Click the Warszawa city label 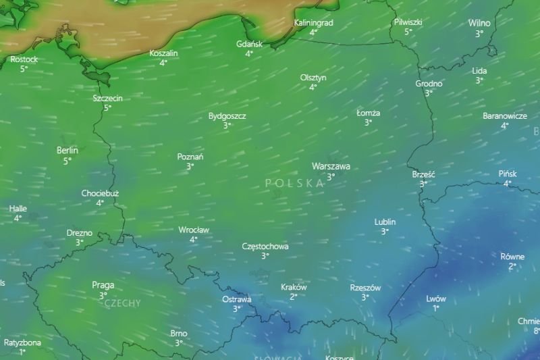(331, 166)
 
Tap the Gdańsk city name (249, 44)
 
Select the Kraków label (294, 287)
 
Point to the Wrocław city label (194, 230)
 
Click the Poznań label (190, 157)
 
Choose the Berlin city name (67, 151)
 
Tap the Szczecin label (108, 98)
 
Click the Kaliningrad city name (314, 23)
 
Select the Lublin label (385, 222)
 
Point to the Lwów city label (436, 299)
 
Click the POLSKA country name (295, 183)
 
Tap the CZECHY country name (123, 303)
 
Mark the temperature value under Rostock (24, 69)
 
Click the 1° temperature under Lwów (436, 308)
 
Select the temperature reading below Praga (103, 295)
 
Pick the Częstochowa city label (265, 247)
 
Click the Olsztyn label (313, 78)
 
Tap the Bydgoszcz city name (227, 116)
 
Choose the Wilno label (479, 23)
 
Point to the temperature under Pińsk (508, 183)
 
